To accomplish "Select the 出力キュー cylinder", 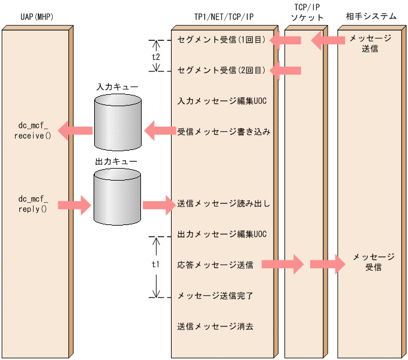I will (x=117, y=196).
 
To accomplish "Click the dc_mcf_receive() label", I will (x=33, y=131).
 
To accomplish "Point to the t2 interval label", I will (x=156, y=56).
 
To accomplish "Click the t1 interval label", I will (x=156, y=264).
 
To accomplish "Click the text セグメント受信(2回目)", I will (x=221, y=70).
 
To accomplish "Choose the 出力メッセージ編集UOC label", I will (x=221, y=234).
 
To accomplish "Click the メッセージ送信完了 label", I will (x=215, y=296).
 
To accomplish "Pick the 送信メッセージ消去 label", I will (x=215, y=327).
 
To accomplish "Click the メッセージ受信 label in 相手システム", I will (x=373, y=262).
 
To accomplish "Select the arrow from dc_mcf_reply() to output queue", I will (x=74, y=205).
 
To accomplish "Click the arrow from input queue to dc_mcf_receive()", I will (x=75, y=130).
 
